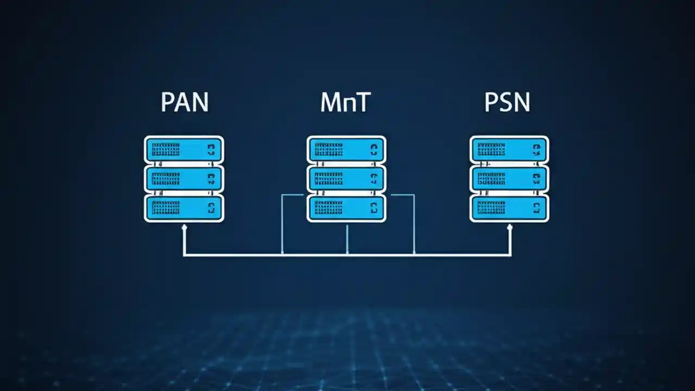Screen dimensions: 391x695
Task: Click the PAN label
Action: pos(185,102)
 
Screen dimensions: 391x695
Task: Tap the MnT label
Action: pos(346,102)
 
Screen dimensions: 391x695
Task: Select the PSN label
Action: pos(507,102)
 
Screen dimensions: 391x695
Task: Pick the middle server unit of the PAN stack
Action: pos(184,178)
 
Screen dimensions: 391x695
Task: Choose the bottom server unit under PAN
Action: pos(184,207)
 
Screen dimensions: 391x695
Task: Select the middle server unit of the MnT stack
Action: pos(346,178)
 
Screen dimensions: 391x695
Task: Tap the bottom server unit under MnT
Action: pos(346,207)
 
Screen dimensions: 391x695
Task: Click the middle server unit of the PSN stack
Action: pos(509,178)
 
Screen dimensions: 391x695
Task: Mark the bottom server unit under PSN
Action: pos(509,207)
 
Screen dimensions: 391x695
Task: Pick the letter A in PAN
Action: pos(184,102)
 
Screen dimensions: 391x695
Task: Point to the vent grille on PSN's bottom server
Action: pos(492,207)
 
